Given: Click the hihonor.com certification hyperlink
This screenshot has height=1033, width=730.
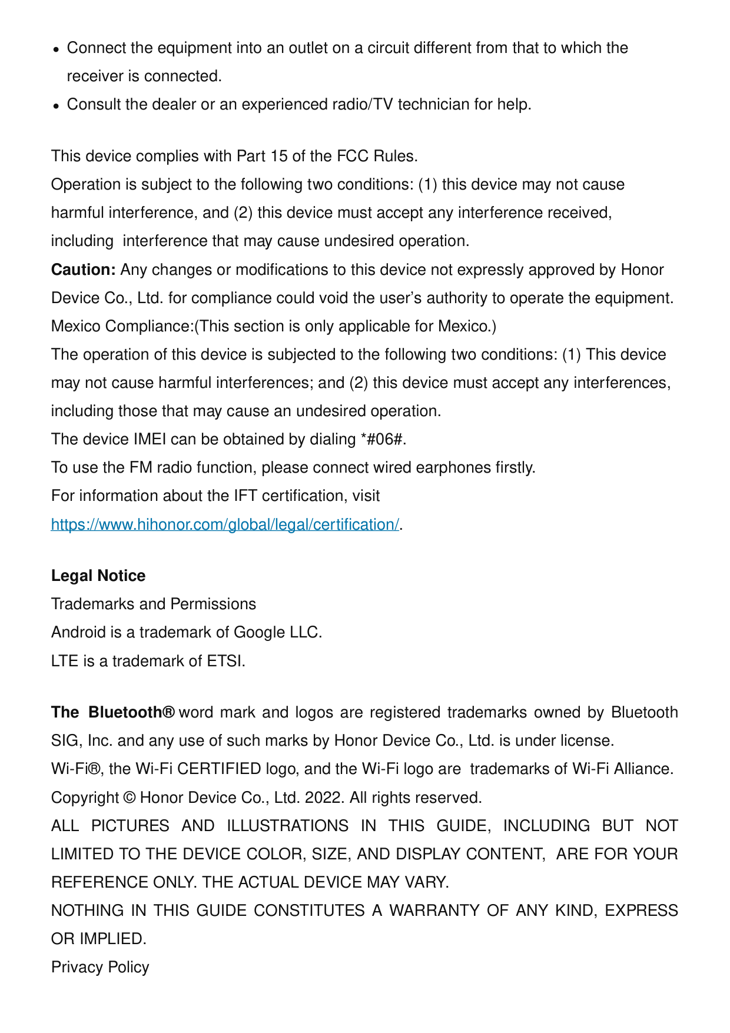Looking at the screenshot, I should (225, 524).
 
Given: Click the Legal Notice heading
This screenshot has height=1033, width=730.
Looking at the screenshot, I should (98, 576).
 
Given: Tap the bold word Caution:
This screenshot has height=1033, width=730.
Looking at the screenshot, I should (84, 270).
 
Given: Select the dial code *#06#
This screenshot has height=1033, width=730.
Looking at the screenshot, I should (383, 439).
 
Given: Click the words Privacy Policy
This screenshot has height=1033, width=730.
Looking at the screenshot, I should (100, 967).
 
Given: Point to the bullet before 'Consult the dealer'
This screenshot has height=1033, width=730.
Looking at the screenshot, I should (56, 106).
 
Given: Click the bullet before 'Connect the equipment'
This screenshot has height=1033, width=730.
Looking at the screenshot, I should (56, 49).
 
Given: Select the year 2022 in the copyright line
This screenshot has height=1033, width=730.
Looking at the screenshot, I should (323, 798).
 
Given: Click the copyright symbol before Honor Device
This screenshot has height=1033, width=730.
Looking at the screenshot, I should (130, 798).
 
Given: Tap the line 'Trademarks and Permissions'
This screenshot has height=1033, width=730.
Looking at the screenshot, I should (154, 604).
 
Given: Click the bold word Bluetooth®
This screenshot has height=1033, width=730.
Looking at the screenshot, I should (131, 712).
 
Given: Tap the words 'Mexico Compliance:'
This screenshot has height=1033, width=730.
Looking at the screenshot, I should (122, 326).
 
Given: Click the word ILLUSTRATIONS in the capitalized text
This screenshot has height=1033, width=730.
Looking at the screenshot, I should (288, 826).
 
